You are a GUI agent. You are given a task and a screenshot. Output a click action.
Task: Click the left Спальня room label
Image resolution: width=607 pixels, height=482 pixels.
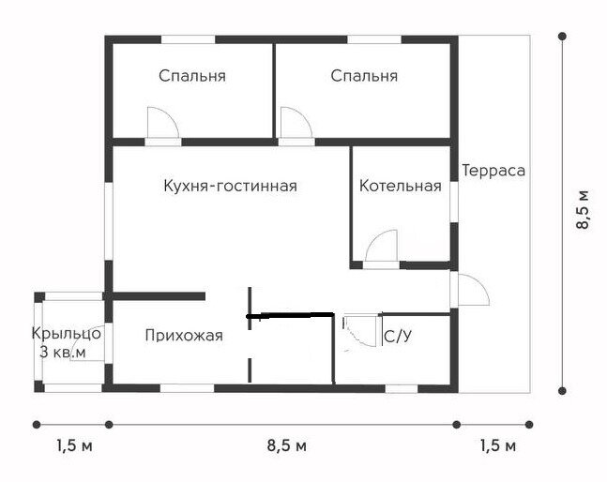[x=191, y=76]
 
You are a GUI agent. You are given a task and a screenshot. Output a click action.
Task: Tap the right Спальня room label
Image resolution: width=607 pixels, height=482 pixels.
[x=364, y=76]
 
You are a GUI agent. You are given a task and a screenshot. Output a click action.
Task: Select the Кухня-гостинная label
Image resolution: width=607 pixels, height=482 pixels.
[x=230, y=186]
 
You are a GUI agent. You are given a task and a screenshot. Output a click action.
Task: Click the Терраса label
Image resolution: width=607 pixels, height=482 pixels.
[x=493, y=171]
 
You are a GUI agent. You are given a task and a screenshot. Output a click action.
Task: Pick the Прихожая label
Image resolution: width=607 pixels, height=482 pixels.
[x=184, y=335]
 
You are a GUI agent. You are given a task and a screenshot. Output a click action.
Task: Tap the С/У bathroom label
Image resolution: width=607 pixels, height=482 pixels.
[x=398, y=335]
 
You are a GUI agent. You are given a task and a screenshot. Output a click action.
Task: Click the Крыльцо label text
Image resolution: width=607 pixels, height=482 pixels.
[x=67, y=333]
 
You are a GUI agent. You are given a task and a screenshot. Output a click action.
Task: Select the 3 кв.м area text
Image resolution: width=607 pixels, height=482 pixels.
[x=63, y=352]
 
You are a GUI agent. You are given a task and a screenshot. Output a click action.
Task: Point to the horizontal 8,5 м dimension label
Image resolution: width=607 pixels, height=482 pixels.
[x=287, y=445]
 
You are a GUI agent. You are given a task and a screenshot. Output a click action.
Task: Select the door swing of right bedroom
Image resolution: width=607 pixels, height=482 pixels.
[x=295, y=124]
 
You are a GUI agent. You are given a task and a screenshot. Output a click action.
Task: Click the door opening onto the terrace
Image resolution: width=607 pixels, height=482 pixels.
[x=472, y=290]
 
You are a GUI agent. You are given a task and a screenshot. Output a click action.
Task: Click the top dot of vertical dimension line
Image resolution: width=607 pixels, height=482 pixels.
[x=562, y=37]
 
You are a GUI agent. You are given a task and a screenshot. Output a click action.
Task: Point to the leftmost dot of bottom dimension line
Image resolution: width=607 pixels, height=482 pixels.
[x=36, y=423]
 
